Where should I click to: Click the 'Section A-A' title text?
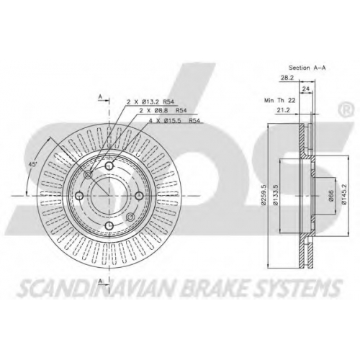pos(307,68)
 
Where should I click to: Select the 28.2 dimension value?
pos(287,78)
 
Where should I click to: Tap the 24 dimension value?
pos(305,89)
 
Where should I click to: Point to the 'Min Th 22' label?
pos(279,100)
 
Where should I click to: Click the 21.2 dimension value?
pos(283,110)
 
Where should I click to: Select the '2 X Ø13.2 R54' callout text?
pos(150,102)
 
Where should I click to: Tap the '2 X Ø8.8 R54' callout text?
pos(163,111)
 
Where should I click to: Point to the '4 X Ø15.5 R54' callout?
pos(175,121)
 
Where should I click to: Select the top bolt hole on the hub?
pos(109,166)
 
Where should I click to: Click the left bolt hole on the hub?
pos(79,196)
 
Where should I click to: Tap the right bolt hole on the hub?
pos(139,196)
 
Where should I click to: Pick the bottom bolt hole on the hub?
pos(109,225)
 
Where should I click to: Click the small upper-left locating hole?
pos(88,175)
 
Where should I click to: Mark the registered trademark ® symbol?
pos(346,109)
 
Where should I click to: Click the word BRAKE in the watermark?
pos(214,287)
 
